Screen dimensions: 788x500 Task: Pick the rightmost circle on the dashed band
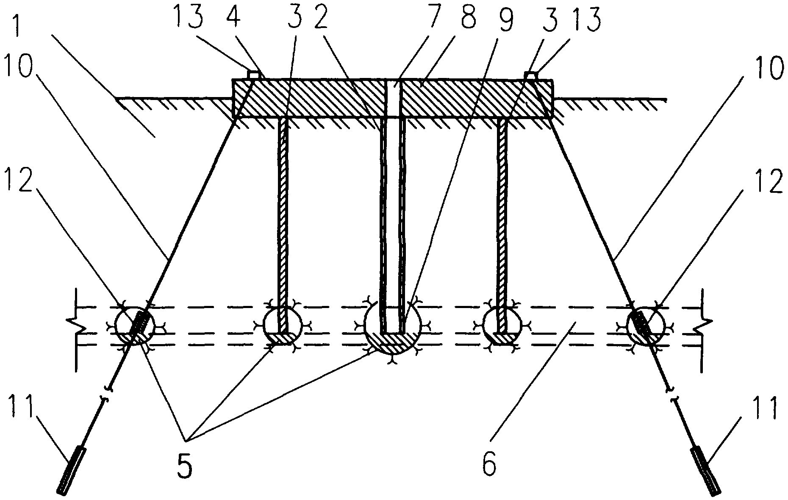coord(646,325)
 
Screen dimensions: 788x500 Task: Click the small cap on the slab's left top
coord(253,75)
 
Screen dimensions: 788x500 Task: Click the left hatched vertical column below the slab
coord(282,225)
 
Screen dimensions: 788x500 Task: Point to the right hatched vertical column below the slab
coord(502,225)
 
